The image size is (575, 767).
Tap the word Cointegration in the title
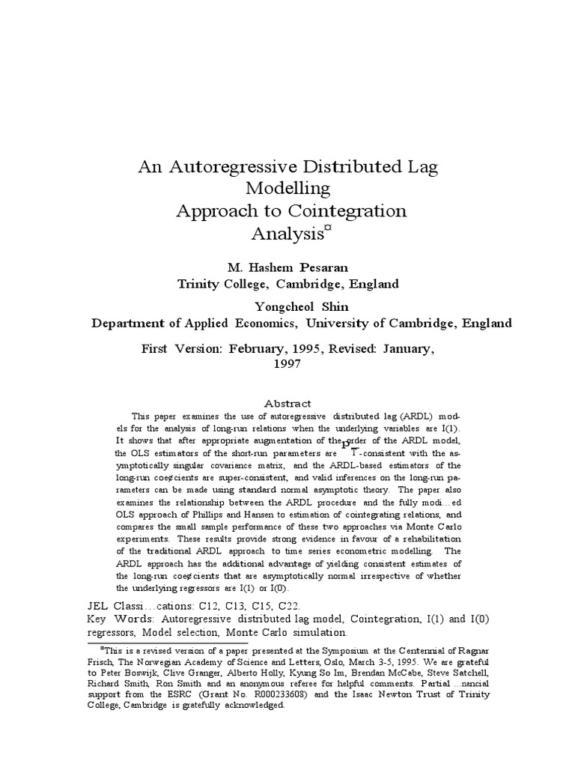coord(350,210)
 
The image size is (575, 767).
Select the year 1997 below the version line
coord(287,363)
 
